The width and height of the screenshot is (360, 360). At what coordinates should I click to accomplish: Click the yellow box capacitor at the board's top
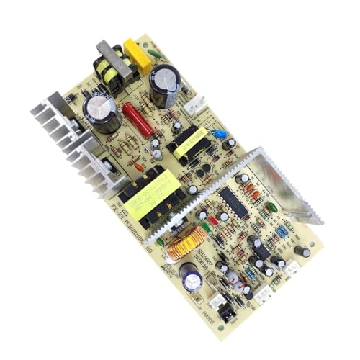click(x=138, y=56)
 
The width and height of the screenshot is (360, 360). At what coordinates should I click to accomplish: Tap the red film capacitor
click(x=138, y=119)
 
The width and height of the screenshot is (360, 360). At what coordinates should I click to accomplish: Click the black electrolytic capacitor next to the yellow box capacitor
click(x=165, y=81)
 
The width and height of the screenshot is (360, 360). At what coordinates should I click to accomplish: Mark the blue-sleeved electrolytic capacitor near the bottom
click(x=192, y=279)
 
